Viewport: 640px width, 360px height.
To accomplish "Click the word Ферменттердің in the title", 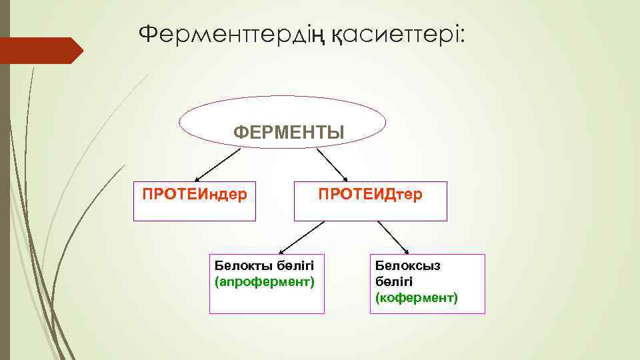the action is pos(232,33).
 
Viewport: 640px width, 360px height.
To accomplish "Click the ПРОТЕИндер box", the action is pos(195,201).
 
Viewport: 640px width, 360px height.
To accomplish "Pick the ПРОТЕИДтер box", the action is pos(370,201).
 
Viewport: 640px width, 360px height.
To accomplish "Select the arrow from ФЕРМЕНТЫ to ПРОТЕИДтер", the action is pos(332,164).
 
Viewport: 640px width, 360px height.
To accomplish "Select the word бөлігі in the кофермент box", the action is pos(393,281).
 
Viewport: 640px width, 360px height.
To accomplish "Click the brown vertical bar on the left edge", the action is pos(5,200).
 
